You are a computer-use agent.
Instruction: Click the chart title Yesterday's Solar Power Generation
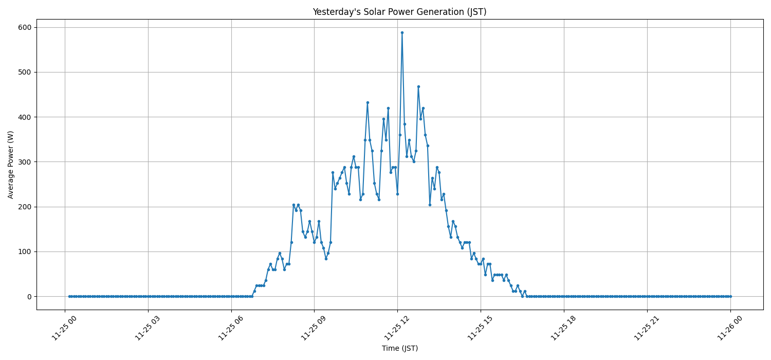(x=399, y=12)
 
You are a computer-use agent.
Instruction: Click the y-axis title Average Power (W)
(x=11, y=165)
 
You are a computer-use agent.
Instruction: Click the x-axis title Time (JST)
(x=399, y=348)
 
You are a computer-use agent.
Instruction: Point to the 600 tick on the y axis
(x=26, y=27)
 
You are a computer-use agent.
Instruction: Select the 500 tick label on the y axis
(x=26, y=72)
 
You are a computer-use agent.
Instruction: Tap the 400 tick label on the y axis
(x=26, y=117)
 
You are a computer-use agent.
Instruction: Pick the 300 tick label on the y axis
(x=26, y=162)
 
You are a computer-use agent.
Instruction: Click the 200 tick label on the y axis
(x=26, y=207)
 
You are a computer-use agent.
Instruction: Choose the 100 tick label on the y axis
(x=26, y=251)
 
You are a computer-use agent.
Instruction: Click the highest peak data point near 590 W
(x=402, y=32)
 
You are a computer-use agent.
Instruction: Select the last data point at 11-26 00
(x=730, y=296)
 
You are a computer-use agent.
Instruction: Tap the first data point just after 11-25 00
(x=69, y=296)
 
